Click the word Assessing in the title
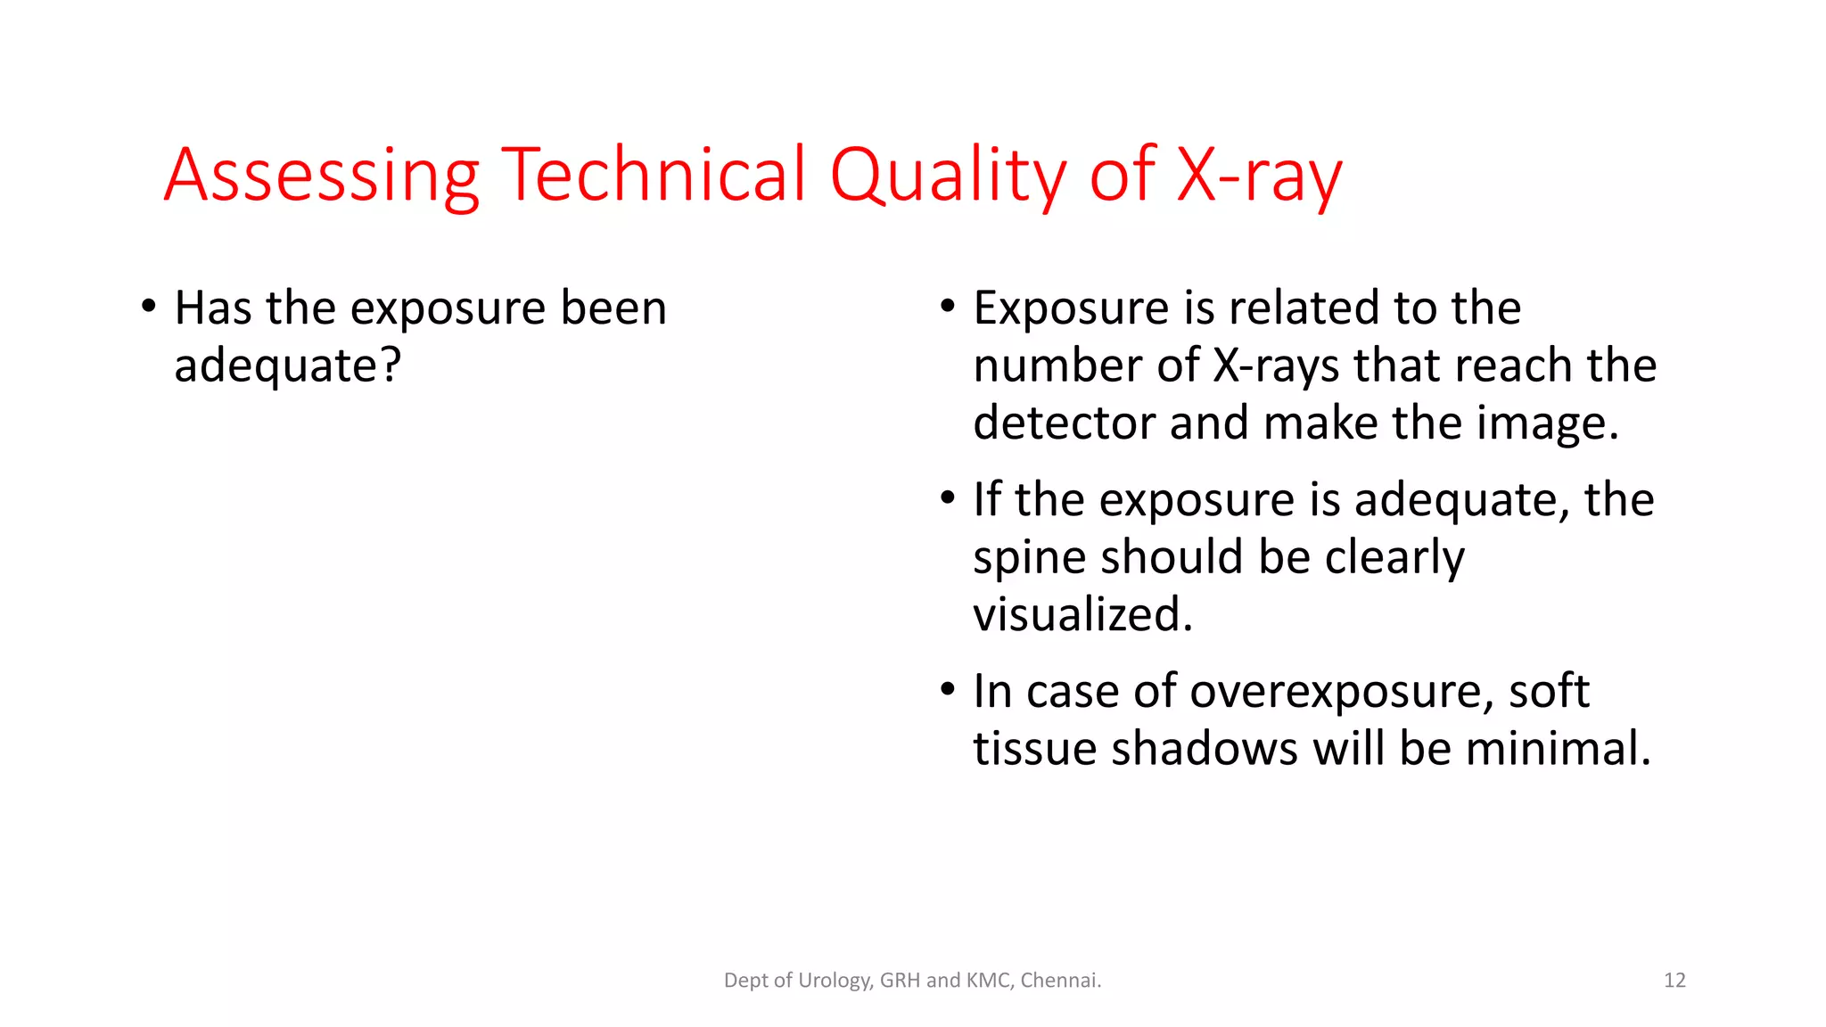coord(322,175)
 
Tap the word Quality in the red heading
coord(947,175)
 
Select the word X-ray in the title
coord(1258,175)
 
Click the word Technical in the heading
coord(654,175)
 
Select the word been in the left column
coord(613,308)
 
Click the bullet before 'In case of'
coord(948,690)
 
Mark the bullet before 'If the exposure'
coord(948,498)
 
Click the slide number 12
coord(1674,981)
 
